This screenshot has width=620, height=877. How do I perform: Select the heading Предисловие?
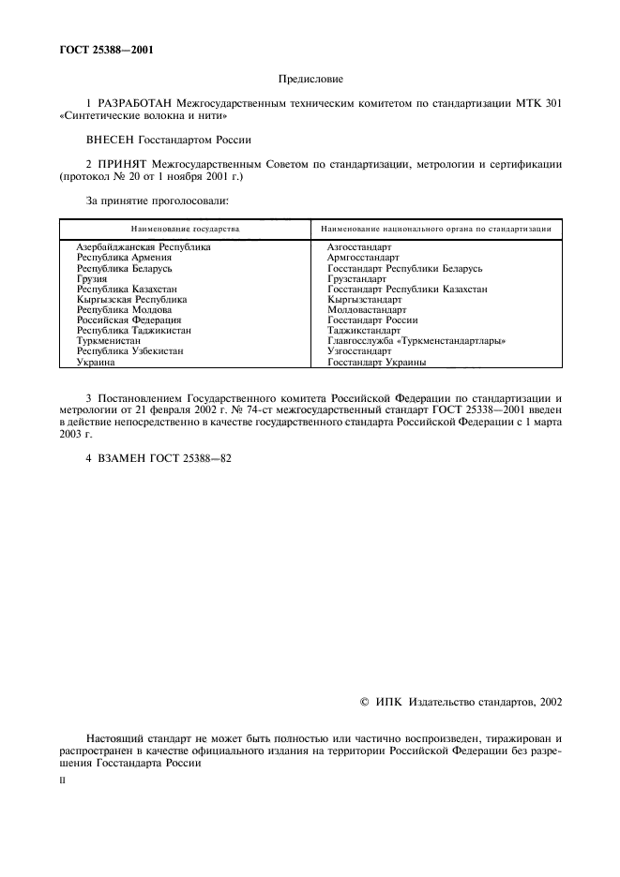tap(310, 82)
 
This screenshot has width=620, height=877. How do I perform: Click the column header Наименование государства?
tap(185, 229)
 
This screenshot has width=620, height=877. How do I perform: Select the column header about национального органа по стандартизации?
tap(435, 229)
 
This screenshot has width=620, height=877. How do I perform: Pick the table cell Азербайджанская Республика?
tap(144, 247)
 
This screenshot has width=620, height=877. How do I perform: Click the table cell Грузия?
tap(92, 279)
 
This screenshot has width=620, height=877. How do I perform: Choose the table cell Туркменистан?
tap(109, 341)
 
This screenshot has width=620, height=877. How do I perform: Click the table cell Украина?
tap(96, 362)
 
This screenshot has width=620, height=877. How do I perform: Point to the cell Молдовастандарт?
tap(367, 310)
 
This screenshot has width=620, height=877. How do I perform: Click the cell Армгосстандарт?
tap(363, 258)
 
